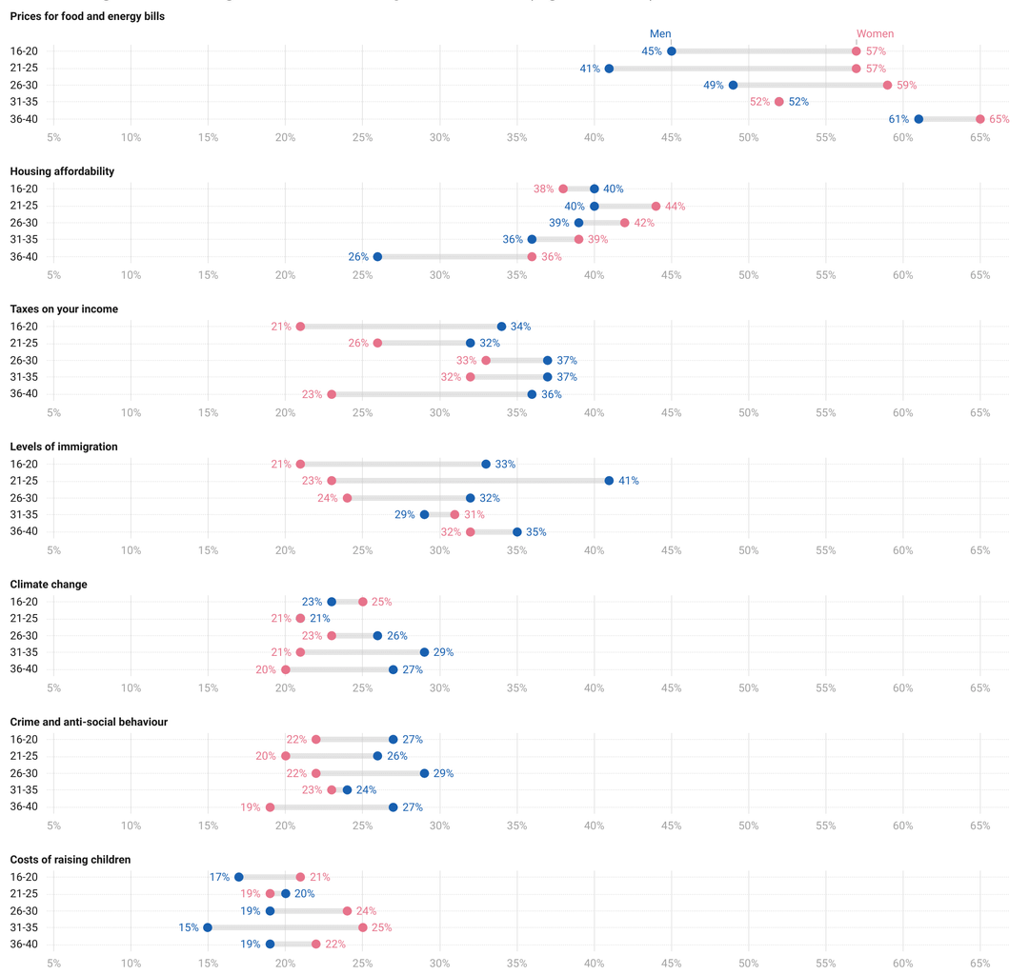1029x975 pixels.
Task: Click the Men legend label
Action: [x=660, y=33]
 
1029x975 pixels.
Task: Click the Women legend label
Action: [x=875, y=33]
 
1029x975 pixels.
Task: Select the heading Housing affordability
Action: [x=62, y=171]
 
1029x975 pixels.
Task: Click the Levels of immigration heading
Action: [x=63, y=447]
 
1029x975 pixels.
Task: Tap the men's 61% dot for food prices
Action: [x=918, y=119]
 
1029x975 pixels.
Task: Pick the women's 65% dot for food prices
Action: [x=980, y=119]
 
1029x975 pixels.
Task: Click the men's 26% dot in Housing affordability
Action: [x=377, y=257]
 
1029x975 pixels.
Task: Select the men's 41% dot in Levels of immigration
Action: [x=609, y=481]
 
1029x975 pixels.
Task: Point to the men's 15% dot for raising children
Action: [x=208, y=927]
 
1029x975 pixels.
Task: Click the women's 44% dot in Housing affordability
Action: [x=656, y=206]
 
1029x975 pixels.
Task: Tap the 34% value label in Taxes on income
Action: [x=520, y=327]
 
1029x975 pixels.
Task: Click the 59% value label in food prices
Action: [x=906, y=85]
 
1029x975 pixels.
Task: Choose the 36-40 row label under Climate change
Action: [x=23, y=669]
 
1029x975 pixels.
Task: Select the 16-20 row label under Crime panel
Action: [x=23, y=739]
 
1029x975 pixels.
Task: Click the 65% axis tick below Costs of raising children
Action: [x=980, y=963]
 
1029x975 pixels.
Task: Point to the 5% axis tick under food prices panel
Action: [x=53, y=137]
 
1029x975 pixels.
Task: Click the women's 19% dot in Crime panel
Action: [x=270, y=807]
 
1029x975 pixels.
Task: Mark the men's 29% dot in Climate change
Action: [x=424, y=652]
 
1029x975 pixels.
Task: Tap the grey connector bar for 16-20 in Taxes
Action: [x=400, y=327]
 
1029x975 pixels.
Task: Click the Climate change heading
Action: [x=49, y=584]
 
